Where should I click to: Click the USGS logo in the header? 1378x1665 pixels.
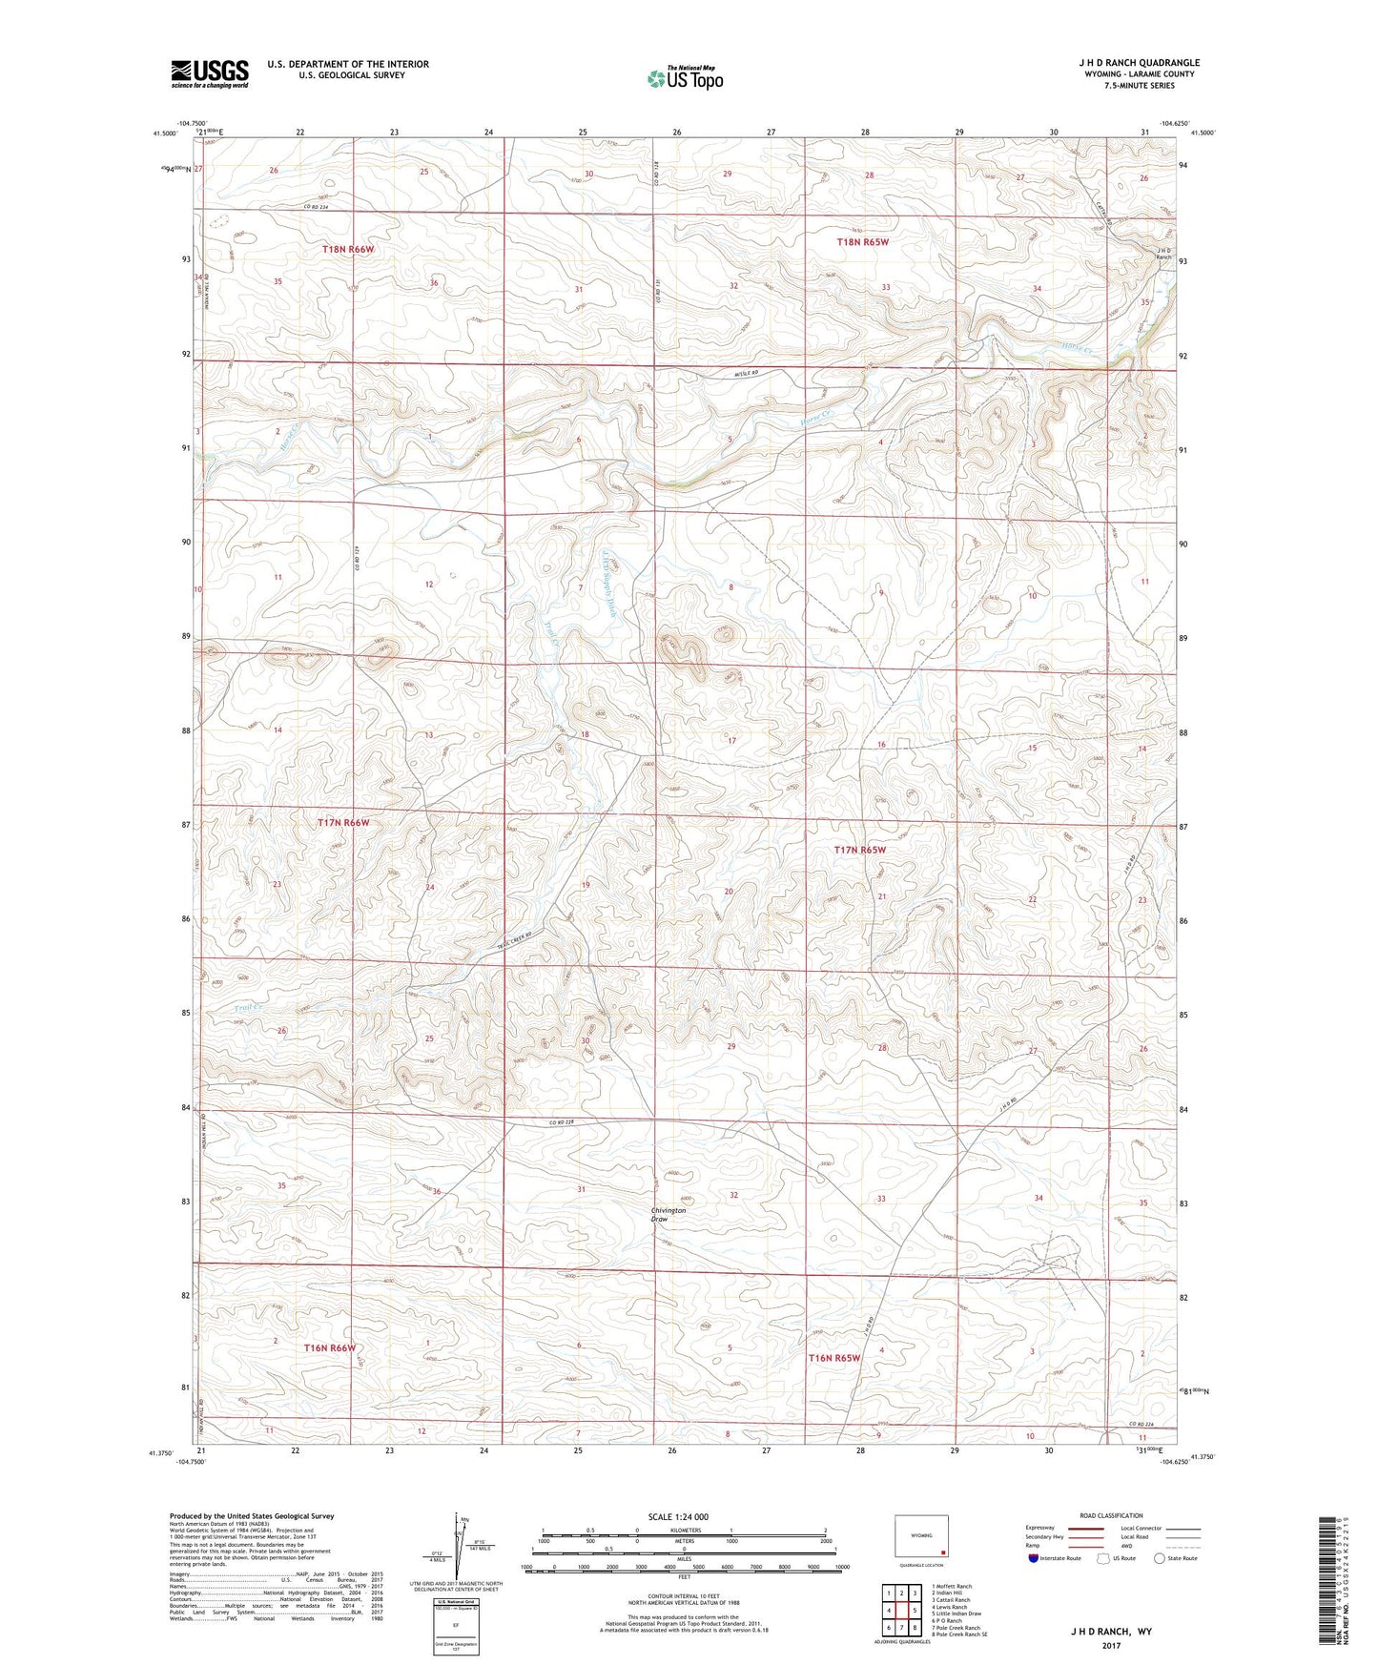click(210, 73)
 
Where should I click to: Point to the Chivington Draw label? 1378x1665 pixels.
click(668, 1214)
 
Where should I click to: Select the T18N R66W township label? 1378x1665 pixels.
click(347, 249)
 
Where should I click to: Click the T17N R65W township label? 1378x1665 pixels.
click(859, 849)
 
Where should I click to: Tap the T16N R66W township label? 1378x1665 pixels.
click(329, 1347)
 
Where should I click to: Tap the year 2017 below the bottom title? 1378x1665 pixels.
click(1111, 1646)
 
